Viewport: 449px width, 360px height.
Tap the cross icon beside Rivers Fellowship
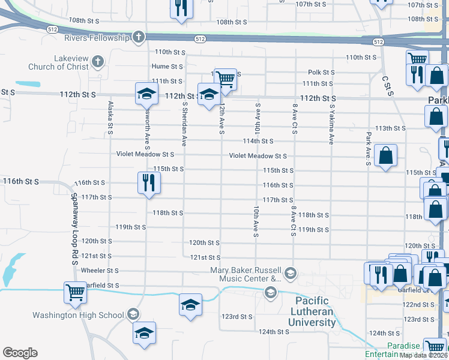click(x=139, y=38)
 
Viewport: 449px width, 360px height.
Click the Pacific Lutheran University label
click(x=313, y=311)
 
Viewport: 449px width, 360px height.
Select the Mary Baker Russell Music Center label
click(x=246, y=274)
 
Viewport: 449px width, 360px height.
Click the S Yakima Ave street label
click(x=331, y=124)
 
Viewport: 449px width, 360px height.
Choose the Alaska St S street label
click(x=110, y=117)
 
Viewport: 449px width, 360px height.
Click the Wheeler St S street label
click(x=100, y=271)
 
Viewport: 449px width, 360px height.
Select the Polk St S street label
click(x=321, y=72)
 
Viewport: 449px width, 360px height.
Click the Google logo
click(x=20, y=353)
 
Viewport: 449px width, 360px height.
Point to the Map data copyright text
click(x=424, y=355)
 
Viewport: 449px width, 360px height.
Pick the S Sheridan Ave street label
click(x=184, y=124)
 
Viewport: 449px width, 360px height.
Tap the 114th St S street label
click(x=258, y=142)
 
